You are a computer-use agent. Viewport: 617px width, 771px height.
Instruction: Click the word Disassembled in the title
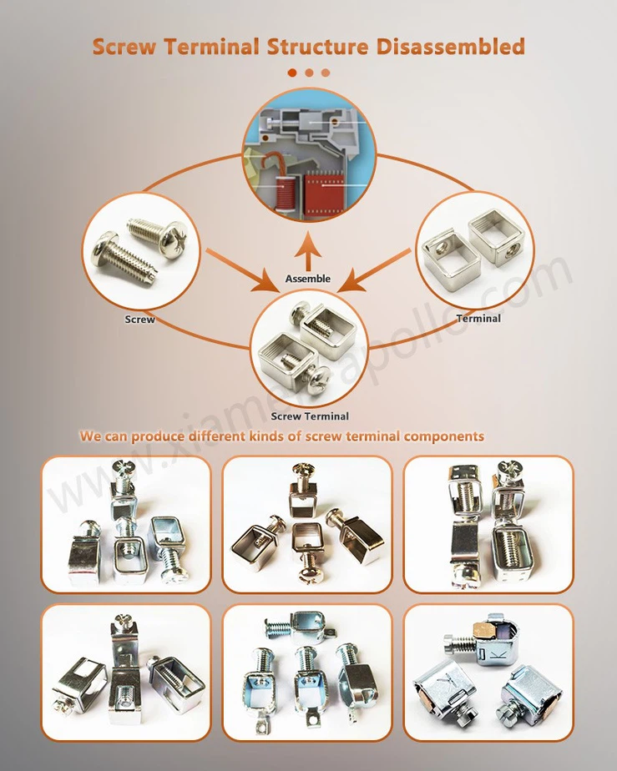[x=450, y=46]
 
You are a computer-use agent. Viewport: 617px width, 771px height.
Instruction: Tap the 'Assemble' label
[x=307, y=278]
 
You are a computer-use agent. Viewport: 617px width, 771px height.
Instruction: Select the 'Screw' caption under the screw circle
[x=139, y=320]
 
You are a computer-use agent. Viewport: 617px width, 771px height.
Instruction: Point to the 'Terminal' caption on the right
[x=478, y=319]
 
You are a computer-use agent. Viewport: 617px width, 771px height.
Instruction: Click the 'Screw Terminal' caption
[x=310, y=416]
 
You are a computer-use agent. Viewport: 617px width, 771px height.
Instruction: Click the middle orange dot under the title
[x=309, y=73]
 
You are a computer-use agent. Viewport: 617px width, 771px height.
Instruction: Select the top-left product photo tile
[x=126, y=524]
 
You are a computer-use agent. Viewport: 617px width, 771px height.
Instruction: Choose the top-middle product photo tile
[x=307, y=524]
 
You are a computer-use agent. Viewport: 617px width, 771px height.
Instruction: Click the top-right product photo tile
[x=488, y=524]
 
